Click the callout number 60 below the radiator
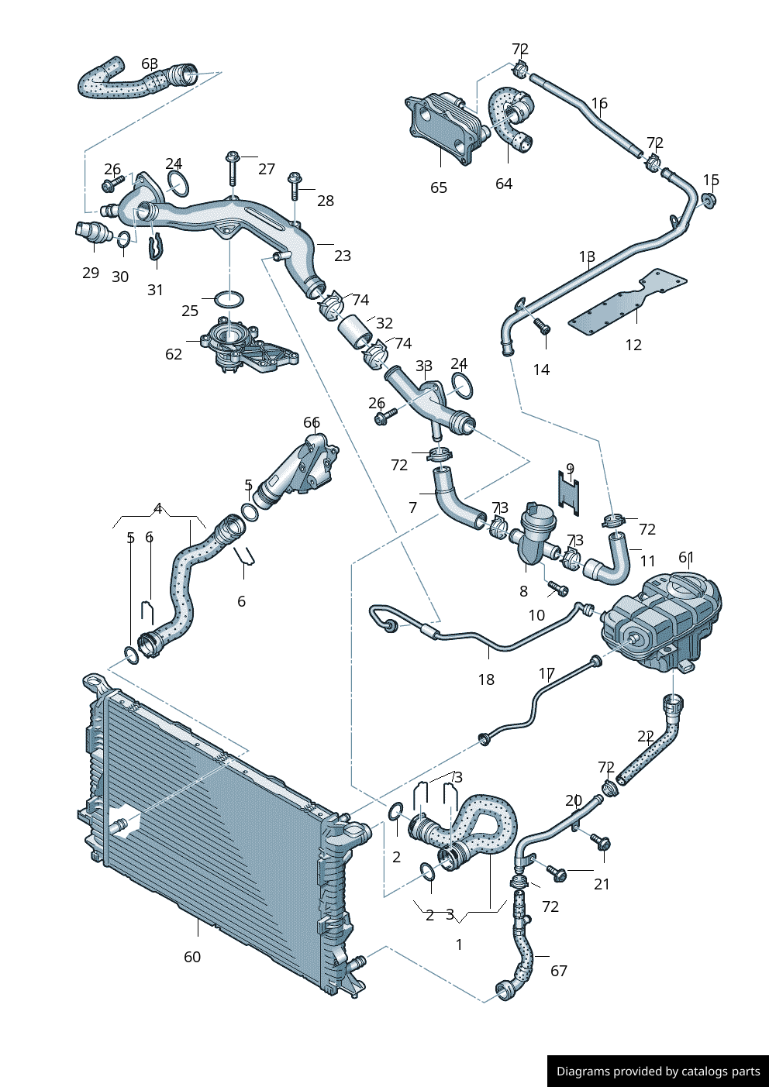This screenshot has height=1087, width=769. pos(192,957)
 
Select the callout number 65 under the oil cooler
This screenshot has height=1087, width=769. pos(439,187)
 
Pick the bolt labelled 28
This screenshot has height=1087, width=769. pos(294,185)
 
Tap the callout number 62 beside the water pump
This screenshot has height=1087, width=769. pos(174,354)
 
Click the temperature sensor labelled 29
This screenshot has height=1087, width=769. pos(93,232)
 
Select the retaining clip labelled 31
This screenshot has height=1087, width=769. pos(156,246)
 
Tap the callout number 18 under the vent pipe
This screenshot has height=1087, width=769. pos(486,679)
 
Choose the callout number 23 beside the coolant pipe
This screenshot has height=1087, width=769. pos(343,255)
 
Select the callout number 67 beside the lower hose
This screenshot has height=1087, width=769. pos(559,971)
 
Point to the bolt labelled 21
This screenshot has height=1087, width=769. pos(557,873)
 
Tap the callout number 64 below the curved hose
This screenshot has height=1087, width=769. pos(504,184)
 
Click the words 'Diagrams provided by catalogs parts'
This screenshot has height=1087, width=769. pos(658,1072)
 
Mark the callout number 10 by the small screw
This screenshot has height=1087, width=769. pos(536,615)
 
